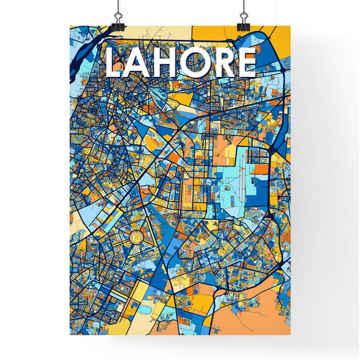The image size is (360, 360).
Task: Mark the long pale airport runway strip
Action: pyautogui.click(x=240, y=172)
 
